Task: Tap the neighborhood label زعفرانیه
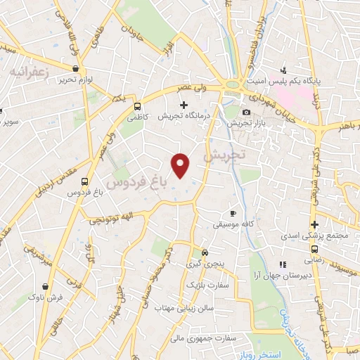[x=29, y=71]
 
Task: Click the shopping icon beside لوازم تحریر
[x=75, y=68]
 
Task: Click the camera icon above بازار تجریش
[x=245, y=112]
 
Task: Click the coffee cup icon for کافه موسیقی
[x=233, y=213]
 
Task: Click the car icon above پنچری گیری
[x=205, y=252]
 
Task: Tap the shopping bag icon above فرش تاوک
[x=48, y=287]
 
